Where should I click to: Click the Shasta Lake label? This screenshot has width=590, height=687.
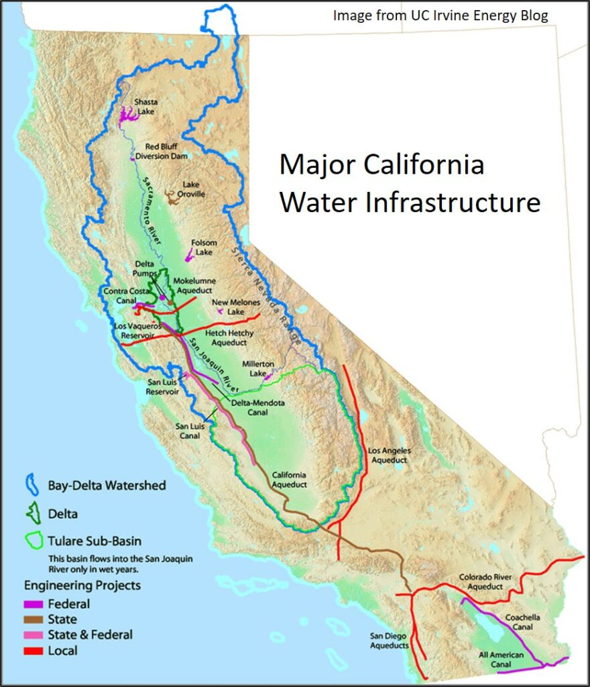pos(147,107)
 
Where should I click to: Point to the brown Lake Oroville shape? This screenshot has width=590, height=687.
pos(174,199)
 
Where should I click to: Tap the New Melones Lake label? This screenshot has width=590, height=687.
pos(236,307)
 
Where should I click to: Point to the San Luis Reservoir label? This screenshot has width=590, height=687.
pos(162,387)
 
